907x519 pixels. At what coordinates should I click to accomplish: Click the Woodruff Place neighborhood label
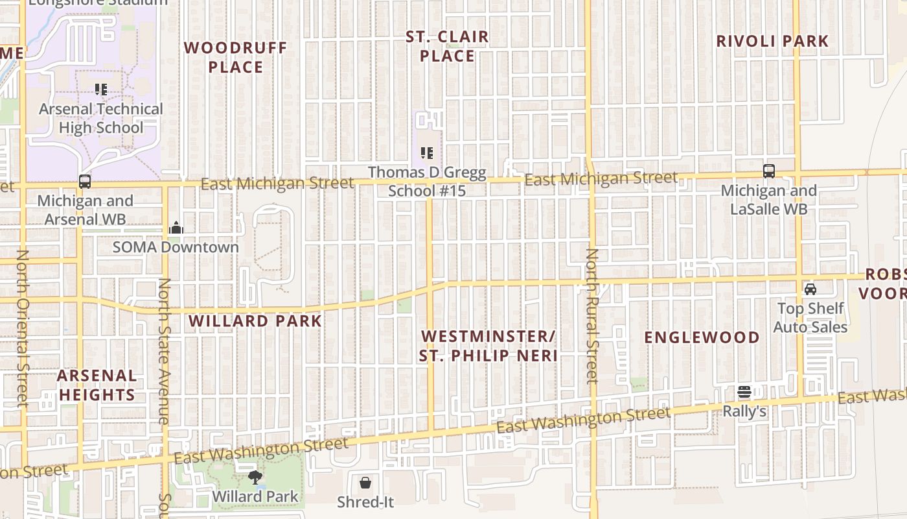click(235, 58)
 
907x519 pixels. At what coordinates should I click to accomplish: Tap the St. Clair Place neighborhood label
click(447, 46)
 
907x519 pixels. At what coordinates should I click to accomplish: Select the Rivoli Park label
click(772, 41)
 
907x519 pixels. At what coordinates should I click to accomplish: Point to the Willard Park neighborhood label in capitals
click(255, 321)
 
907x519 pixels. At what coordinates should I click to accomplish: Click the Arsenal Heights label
click(97, 385)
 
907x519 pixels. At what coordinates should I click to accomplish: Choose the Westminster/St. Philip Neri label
click(488, 346)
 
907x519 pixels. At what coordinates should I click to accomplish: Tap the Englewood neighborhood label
click(702, 337)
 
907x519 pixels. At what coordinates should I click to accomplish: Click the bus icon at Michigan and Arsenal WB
click(85, 182)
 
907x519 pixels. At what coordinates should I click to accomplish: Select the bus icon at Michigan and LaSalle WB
click(769, 171)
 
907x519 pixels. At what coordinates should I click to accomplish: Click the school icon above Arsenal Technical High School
click(100, 90)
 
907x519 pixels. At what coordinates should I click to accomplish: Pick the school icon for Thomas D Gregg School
click(427, 153)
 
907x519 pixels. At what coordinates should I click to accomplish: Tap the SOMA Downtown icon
click(176, 228)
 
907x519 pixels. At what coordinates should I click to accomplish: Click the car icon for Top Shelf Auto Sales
click(810, 289)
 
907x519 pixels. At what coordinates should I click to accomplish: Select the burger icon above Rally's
click(744, 392)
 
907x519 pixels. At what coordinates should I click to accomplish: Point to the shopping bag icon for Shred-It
click(365, 483)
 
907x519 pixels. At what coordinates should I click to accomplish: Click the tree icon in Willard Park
click(255, 478)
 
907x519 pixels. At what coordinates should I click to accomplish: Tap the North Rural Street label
click(591, 316)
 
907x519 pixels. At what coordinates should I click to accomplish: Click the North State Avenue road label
click(165, 351)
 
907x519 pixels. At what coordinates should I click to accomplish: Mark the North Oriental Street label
click(23, 328)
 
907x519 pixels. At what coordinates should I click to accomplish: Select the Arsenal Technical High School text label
click(101, 118)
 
